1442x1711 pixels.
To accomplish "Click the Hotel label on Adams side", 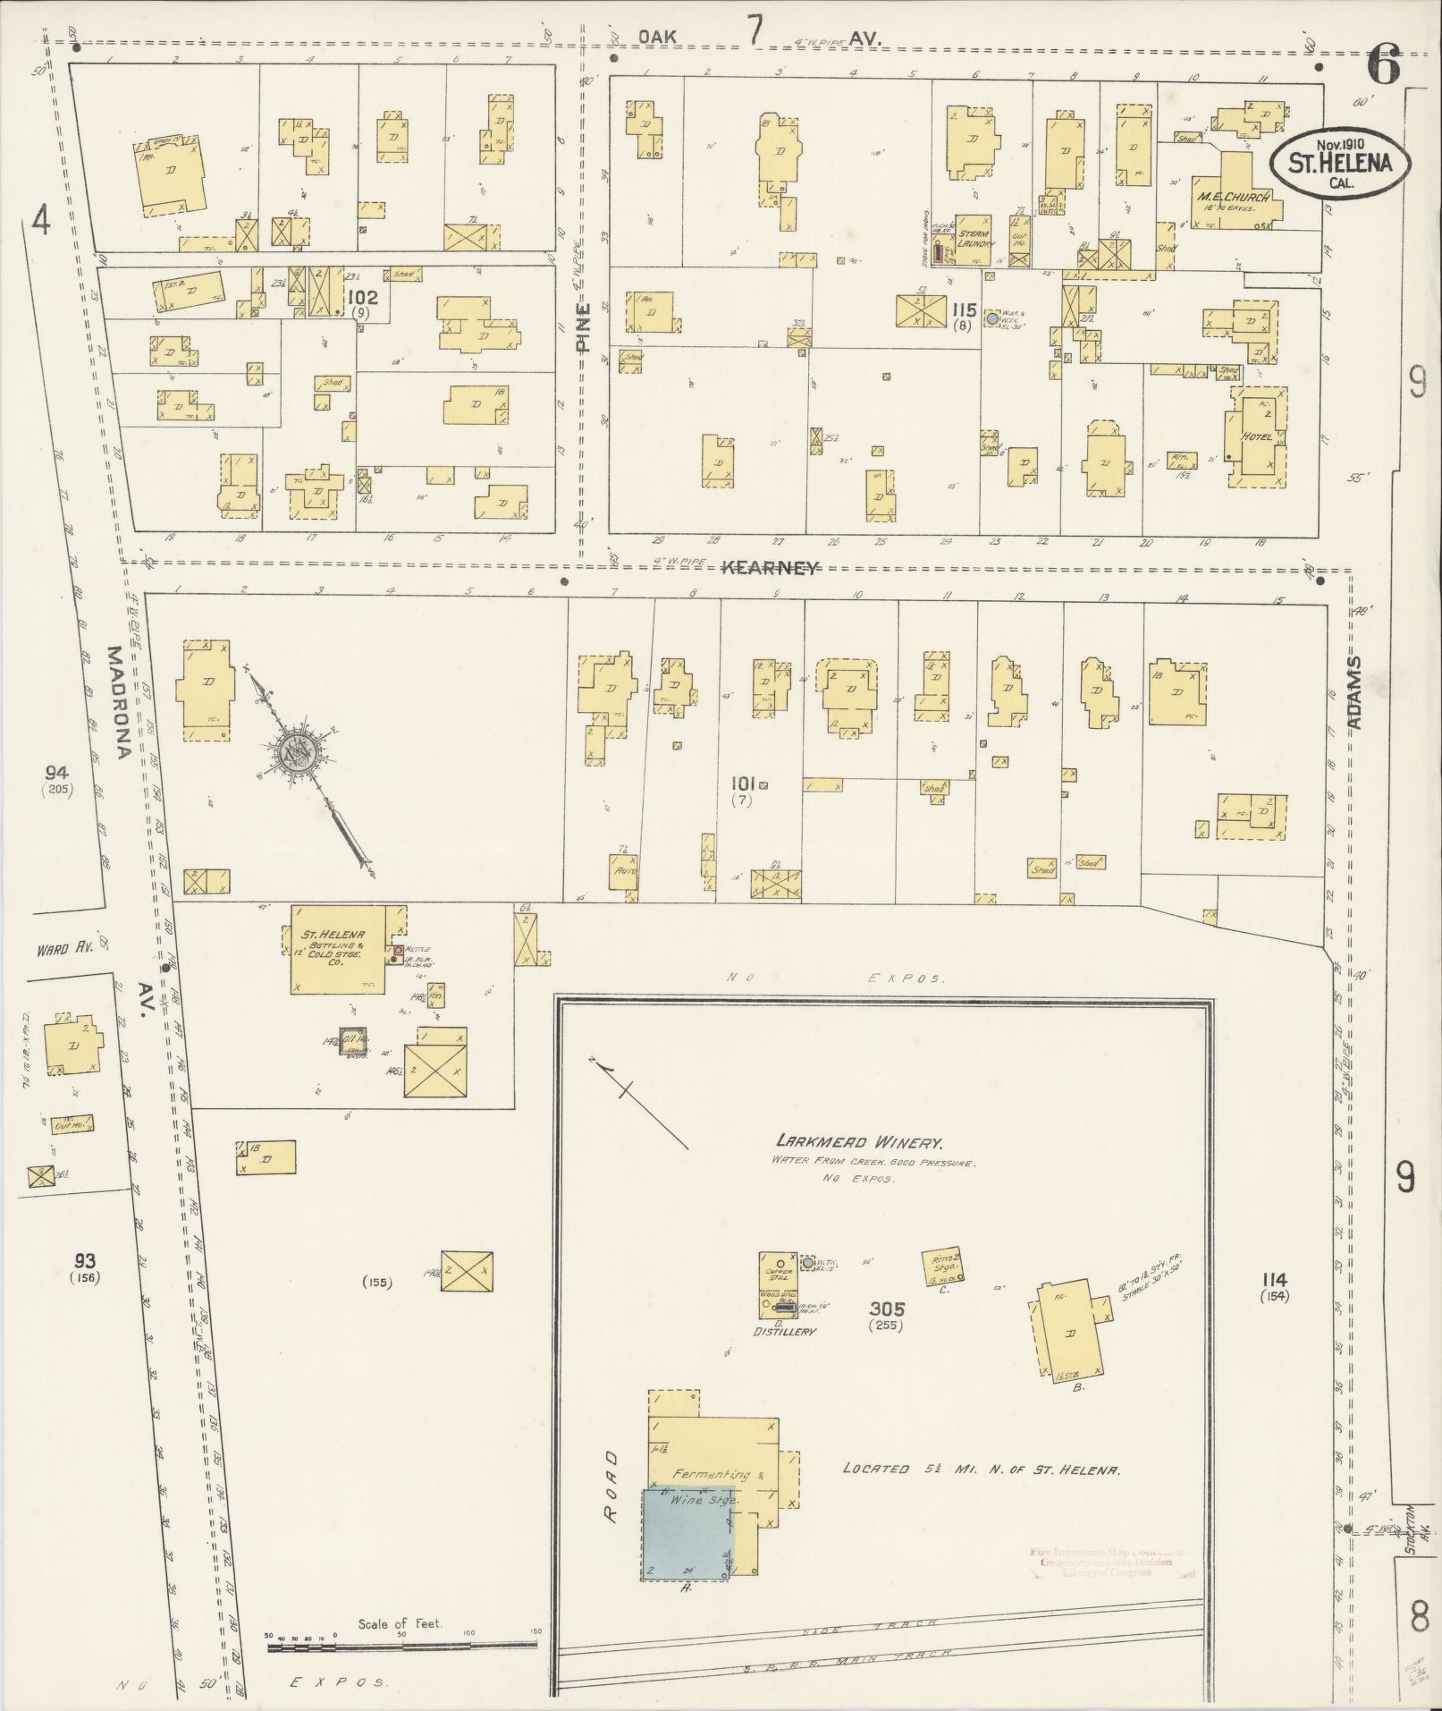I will point(1257,436).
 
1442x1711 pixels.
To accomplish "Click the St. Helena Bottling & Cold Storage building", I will point(337,949).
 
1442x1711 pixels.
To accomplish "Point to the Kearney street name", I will point(769,567).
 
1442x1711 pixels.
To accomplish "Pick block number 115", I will point(963,309).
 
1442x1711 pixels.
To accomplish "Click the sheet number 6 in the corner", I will point(1382,66).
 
